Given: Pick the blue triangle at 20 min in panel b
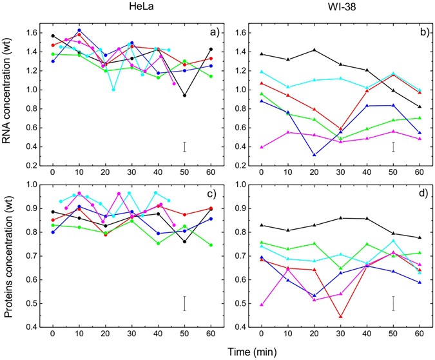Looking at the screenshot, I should (314, 155).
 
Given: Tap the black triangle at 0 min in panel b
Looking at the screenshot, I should (261, 54).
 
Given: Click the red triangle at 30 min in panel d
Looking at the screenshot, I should (340, 316).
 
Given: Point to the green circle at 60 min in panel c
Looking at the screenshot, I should (210, 245).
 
